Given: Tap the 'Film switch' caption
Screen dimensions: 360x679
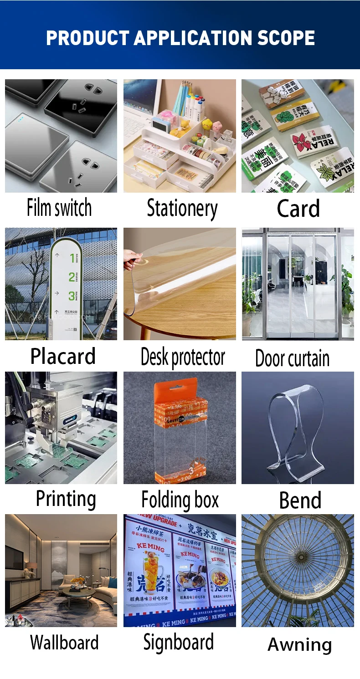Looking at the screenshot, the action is click(59, 208).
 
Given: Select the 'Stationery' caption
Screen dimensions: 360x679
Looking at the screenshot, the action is click(182, 209).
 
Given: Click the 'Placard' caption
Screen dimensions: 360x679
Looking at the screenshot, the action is click(63, 356).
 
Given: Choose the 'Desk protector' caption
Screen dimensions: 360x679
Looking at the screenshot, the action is click(183, 357).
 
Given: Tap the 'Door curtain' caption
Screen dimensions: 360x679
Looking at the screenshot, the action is click(292, 358).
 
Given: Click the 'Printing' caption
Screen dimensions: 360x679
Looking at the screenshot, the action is click(66, 499).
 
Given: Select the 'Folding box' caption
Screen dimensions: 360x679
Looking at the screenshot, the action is click(180, 500).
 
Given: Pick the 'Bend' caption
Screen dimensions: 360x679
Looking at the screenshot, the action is click(300, 500).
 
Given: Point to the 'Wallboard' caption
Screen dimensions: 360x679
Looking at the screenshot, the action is click(64, 643).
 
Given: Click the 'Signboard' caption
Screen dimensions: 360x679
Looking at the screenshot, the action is click(178, 642).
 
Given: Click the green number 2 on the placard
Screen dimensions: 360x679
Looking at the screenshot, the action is click(72, 277).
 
